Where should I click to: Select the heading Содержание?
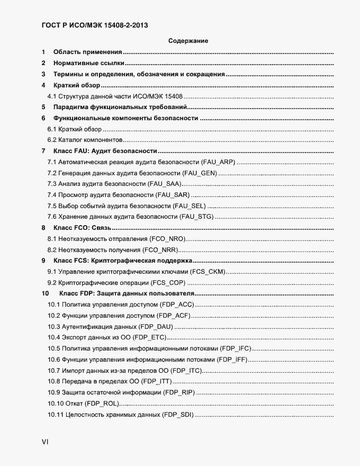(188, 41)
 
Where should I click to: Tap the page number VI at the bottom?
(45, 442)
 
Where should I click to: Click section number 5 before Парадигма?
(43, 107)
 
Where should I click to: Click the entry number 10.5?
(54, 348)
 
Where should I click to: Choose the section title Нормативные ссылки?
(82, 63)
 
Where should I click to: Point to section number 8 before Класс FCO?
(43, 228)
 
